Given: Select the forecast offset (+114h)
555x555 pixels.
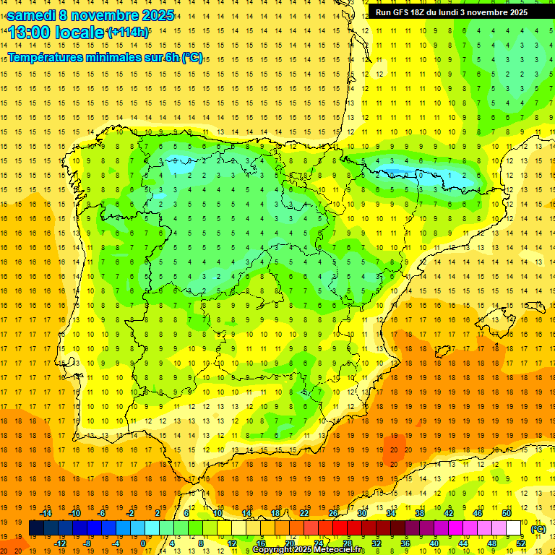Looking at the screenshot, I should pyautogui.click(x=129, y=33).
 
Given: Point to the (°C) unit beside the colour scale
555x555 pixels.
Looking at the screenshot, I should pyautogui.click(x=538, y=529).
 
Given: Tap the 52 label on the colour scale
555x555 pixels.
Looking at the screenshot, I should pyautogui.click(x=521, y=543).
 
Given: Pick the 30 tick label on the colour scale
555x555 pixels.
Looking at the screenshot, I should pyautogui.click(x=361, y=513).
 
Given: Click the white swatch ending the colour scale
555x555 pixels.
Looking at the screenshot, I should pyautogui.click(x=514, y=528).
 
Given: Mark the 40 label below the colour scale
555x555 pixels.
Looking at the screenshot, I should pyautogui.click(x=434, y=543).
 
